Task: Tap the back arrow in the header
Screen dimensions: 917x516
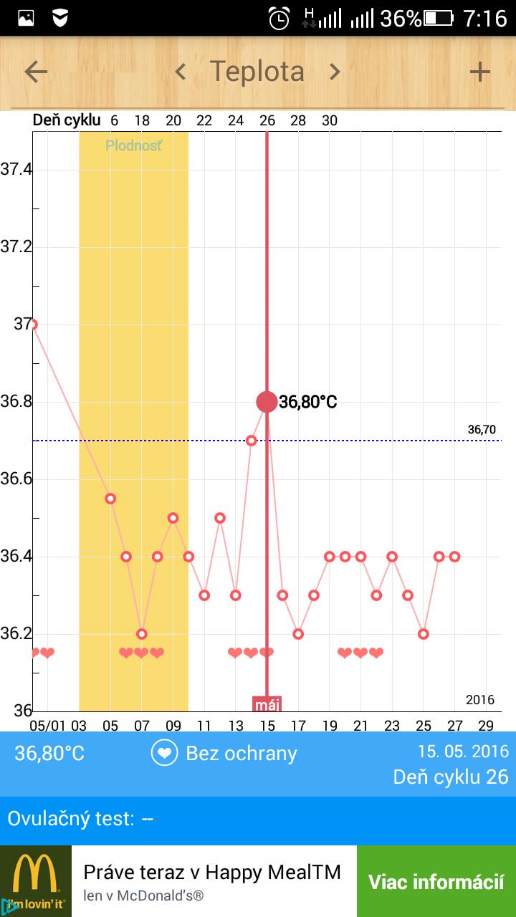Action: (36, 72)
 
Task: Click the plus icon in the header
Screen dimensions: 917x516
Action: (479, 72)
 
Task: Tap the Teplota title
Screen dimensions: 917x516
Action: (257, 72)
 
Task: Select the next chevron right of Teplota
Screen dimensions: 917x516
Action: (334, 72)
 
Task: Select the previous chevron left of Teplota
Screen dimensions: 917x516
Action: (181, 72)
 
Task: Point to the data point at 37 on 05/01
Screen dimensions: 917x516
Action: (32, 325)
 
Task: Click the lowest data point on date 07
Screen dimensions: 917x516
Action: (142, 634)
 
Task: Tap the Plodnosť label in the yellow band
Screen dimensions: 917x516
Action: (133, 146)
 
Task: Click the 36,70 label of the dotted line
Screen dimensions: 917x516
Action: (482, 430)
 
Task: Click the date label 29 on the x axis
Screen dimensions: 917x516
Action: (486, 726)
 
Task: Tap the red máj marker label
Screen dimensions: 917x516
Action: (267, 704)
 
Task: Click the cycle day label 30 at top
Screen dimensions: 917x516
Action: (330, 120)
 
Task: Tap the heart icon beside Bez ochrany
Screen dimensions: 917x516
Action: (164, 753)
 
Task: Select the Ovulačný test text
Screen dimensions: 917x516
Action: (80, 818)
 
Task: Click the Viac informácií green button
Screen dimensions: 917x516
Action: (436, 882)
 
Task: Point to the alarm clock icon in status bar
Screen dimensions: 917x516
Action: (279, 18)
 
